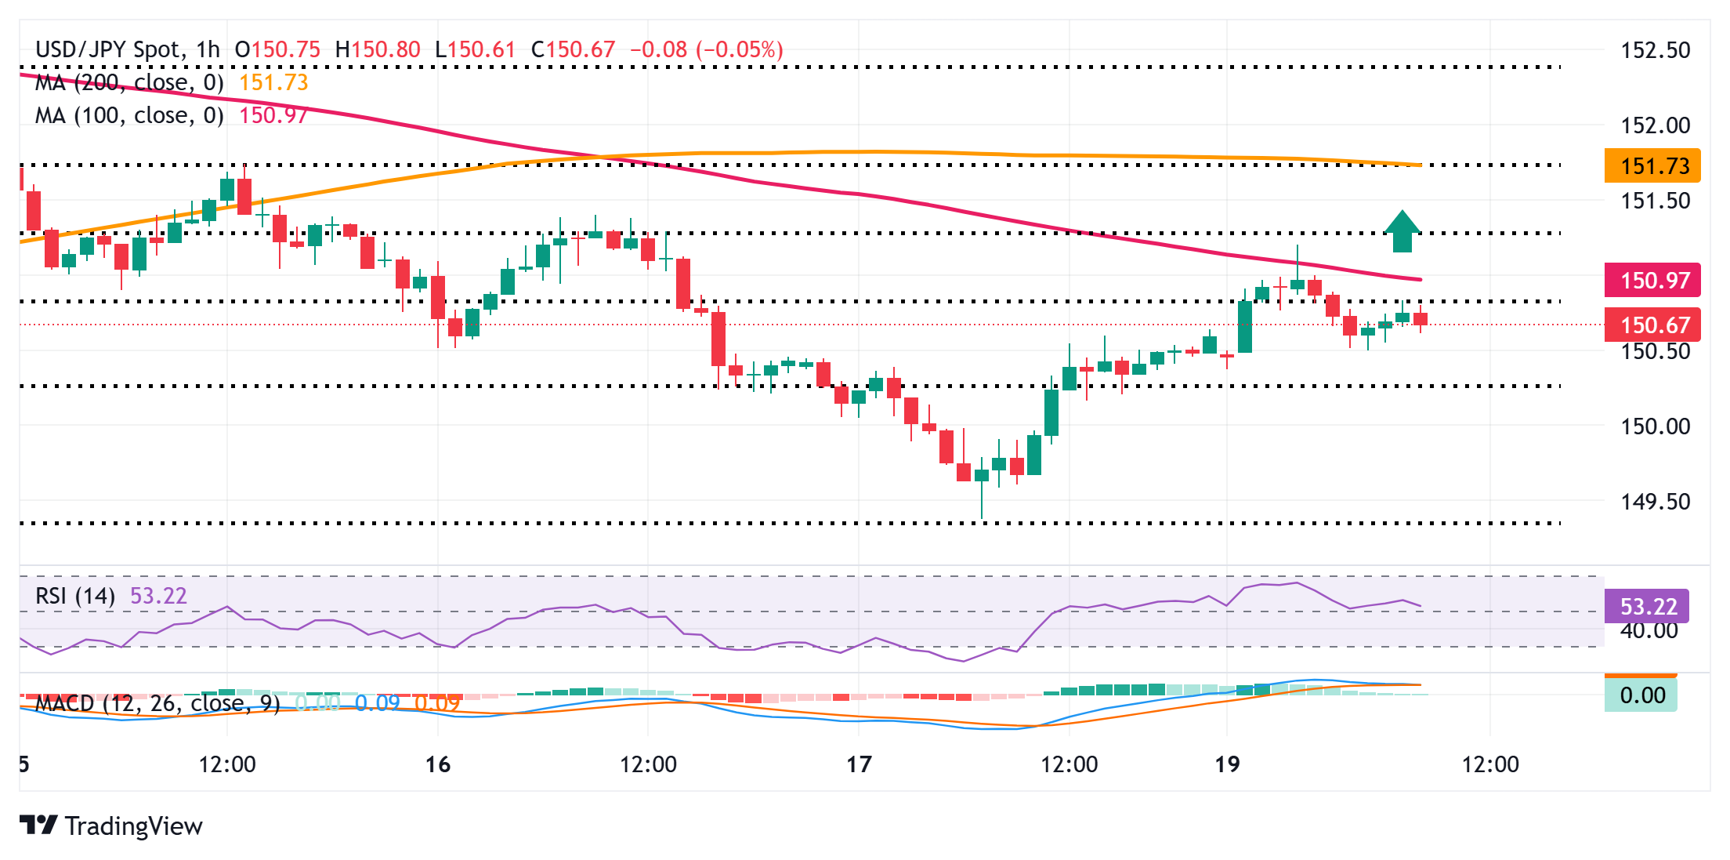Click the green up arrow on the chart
coord(1402,231)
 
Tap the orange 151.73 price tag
coord(1652,166)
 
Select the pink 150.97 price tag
coord(1652,280)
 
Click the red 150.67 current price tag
coord(1652,325)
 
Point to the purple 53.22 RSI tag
coord(1647,606)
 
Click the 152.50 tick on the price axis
coord(1655,50)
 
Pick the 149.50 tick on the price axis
coord(1655,501)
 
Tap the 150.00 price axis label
coord(1655,426)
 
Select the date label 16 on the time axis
coord(438,764)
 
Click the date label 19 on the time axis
coord(1227,764)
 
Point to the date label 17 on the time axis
coord(859,764)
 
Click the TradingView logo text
coord(133,826)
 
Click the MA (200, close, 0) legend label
coord(129,82)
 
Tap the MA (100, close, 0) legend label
coord(129,115)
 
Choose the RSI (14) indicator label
coord(75,596)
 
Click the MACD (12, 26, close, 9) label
coord(157,703)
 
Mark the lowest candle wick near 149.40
coord(982,513)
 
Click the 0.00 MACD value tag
coord(1641,695)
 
